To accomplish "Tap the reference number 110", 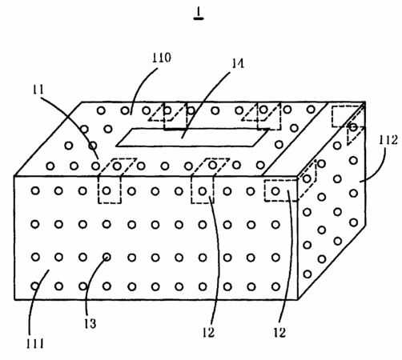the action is (162, 58).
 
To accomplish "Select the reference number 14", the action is (238, 63).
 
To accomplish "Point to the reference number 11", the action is (38, 90).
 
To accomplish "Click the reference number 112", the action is (388, 140).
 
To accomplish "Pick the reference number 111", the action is (35, 343).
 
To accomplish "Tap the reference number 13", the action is (90, 324).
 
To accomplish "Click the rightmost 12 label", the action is (279, 333).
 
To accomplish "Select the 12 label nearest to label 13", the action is (208, 333).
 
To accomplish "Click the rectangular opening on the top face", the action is (192, 138).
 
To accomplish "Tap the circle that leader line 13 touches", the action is (107, 257).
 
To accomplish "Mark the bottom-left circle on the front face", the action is (35, 286).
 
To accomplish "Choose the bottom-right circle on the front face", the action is (275, 286).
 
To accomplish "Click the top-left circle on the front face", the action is (35, 190).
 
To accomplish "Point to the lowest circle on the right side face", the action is (308, 274).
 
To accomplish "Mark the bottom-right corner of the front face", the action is (298, 300).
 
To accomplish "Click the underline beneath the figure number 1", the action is (199, 18).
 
